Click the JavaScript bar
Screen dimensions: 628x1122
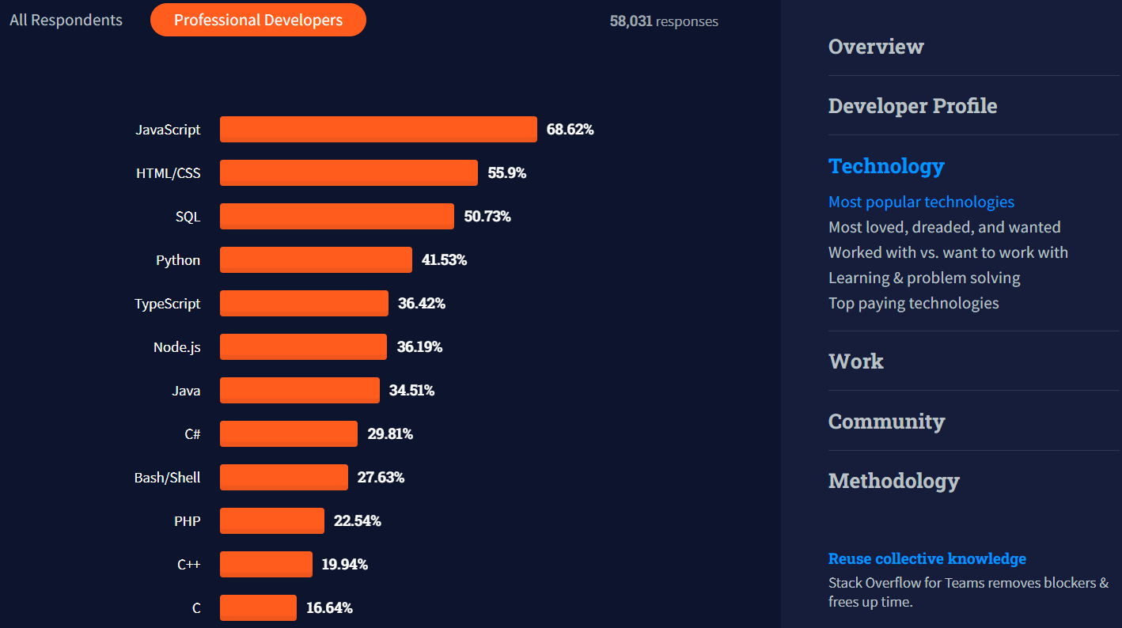click(x=378, y=129)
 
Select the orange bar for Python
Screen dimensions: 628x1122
click(x=316, y=259)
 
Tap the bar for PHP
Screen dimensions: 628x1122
click(x=271, y=520)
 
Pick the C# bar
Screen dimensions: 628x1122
click(x=288, y=433)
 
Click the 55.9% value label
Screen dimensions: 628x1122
click(x=506, y=172)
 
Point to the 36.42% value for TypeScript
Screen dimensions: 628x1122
click(x=421, y=303)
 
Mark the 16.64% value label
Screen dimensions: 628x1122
click(x=329, y=607)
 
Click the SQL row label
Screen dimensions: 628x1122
click(x=188, y=216)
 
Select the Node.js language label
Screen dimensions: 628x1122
click(x=176, y=346)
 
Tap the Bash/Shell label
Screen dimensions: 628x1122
click(x=167, y=477)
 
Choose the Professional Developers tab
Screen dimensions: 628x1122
click(x=258, y=20)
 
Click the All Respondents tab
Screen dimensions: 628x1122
click(x=66, y=20)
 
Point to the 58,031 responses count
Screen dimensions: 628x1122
click(x=663, y=21)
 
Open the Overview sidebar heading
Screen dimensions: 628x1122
click(x=875, y=46)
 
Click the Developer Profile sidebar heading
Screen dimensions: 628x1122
click(x=912, y=105)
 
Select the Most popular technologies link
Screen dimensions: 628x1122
click(x=921, y=202)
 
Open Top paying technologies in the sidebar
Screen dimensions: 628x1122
click(x=913, y=303)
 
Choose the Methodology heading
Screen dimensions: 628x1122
click(x=893, y=480)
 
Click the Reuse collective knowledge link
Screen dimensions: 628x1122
click(x=927, y=558)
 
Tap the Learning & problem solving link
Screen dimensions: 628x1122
click(x=923, y=278)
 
